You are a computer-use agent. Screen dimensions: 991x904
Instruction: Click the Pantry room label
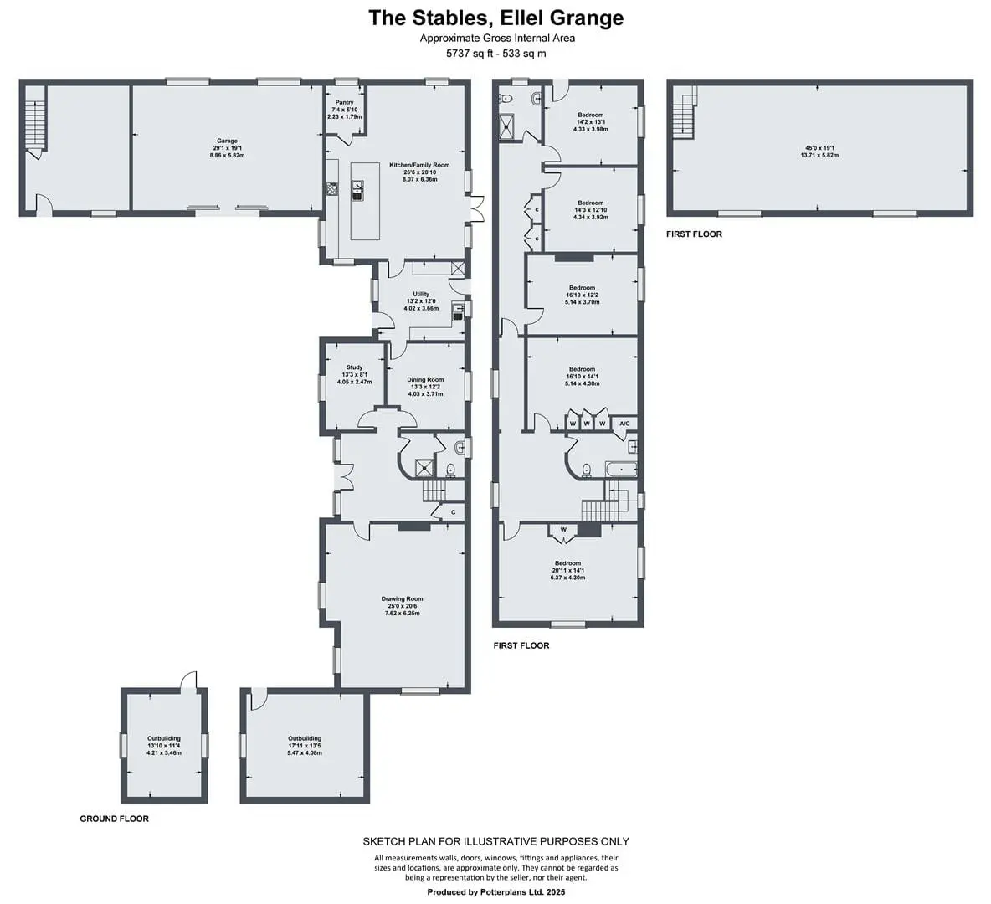point(345,102)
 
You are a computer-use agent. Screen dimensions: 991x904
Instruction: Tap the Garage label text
point(227,141)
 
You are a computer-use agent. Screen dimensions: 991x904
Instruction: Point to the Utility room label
point(421,294)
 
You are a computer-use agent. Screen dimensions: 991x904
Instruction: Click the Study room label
point(355,367)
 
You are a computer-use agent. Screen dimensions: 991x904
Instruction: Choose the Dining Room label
point(425,380)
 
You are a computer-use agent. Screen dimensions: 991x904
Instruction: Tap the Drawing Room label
point(402,598)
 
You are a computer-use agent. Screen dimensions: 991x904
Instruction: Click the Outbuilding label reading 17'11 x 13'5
point(305,738)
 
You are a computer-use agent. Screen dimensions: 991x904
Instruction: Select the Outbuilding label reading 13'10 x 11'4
point(164,738)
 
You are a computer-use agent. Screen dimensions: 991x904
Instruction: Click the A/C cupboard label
point(624,424)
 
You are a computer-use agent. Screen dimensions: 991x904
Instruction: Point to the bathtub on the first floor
point(621,469)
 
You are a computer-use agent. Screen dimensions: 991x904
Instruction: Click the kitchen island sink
point(357,190)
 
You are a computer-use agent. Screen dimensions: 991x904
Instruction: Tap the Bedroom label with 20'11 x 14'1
point(567,563)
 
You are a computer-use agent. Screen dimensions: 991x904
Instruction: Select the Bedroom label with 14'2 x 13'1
point(590,115)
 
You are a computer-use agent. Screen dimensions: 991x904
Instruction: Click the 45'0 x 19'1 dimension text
point(819,148)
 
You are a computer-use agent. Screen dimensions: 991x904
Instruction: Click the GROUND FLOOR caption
point(115,819)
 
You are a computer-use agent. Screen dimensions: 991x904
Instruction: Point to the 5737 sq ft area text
point(470,54)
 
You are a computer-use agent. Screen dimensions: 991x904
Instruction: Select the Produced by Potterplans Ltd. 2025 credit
point(496,892)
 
